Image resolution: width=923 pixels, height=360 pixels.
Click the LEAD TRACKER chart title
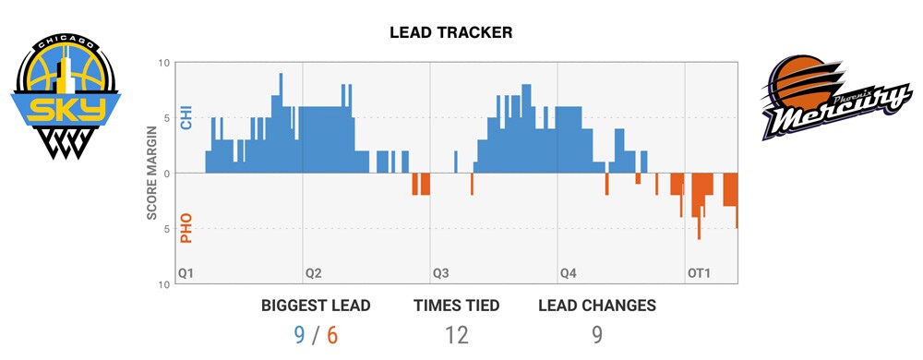pyautogui.click(x=451, y=32)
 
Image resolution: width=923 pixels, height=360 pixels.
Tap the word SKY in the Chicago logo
pyautogui.click(x=66, y=110)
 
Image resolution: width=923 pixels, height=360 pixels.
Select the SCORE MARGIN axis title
pyautogui.click(x=152, y=174)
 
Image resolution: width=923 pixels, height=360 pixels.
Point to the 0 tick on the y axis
pyautogui.click(x=166, y=174)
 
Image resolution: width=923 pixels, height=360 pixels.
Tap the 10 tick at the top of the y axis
pyautogui.click(x=163, y=63)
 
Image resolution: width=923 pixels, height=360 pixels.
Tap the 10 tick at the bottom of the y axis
pyautogui.click(x=163, y=284)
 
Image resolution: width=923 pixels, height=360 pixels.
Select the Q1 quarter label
pyautogui.click(x=186, y=274)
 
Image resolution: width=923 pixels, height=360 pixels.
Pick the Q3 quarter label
pyautogui.click(x=441, y=274)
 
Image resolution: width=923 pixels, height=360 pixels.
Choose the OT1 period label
pyautogui.click(x=699, y=274)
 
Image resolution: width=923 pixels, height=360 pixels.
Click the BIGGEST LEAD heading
pyautogui.click(x=316, y=306)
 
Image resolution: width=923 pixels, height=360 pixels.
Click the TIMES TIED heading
pyautogui.click(x=456, y=306)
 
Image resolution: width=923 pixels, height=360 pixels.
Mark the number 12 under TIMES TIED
pyautogui.click(x=456, y=334)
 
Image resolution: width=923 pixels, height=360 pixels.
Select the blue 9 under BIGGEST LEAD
pyautogui.click(x=299, y=334)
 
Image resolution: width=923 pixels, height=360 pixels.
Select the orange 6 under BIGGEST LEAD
pyautogui.click(x=332, y=334)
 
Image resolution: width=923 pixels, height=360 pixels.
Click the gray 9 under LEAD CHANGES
pyautogui.click(x=596, y=334)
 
